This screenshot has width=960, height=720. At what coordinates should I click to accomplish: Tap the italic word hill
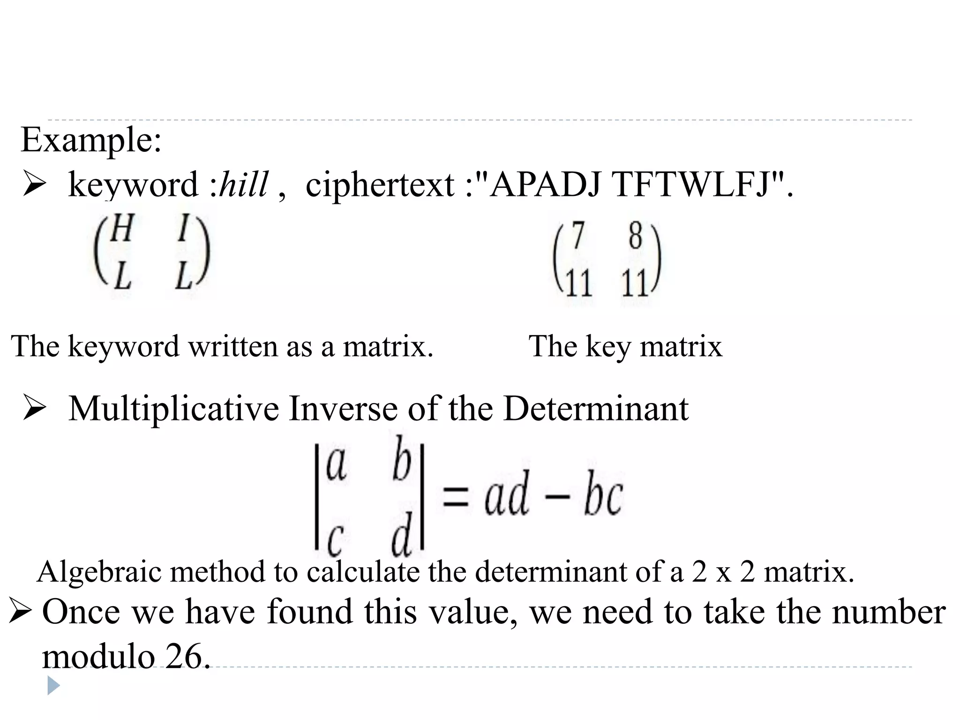[244, 184]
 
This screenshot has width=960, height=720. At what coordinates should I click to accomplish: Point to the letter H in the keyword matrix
[121, 228]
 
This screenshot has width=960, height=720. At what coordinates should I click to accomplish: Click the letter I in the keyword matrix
[184, 228]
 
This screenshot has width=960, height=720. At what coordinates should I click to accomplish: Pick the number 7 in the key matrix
[578, 236]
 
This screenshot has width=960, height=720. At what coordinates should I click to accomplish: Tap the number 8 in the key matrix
[635, 236]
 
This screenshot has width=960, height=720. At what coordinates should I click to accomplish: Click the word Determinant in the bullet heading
[595, 409]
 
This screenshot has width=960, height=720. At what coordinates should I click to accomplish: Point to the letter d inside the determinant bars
[402, 534]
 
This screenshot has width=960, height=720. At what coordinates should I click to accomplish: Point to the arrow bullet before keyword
[34, 184]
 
